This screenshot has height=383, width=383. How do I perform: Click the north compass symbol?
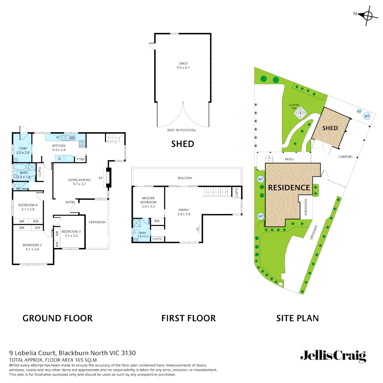point(367,15)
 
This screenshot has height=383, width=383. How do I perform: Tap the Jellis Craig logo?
point(333,355)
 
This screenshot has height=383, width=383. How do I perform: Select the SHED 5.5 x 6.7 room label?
point(183,66)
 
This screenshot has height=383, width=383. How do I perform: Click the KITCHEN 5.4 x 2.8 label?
point(59,148)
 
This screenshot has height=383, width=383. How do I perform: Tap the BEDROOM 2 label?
point(32,247)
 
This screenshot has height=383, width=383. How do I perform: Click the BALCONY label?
point(185,178)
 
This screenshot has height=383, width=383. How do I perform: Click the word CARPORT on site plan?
point(345,157)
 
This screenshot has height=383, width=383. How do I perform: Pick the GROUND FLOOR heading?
point(57,318)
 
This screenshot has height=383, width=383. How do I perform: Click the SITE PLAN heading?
point(298,318)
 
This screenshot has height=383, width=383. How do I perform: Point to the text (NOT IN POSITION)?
point(181,130)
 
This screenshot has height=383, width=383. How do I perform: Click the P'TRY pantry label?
point(81,160)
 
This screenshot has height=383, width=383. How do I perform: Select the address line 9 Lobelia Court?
point(72,353)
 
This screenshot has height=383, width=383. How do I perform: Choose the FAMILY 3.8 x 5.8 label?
point(184,212)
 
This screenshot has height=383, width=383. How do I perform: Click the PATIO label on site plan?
point(289,159)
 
